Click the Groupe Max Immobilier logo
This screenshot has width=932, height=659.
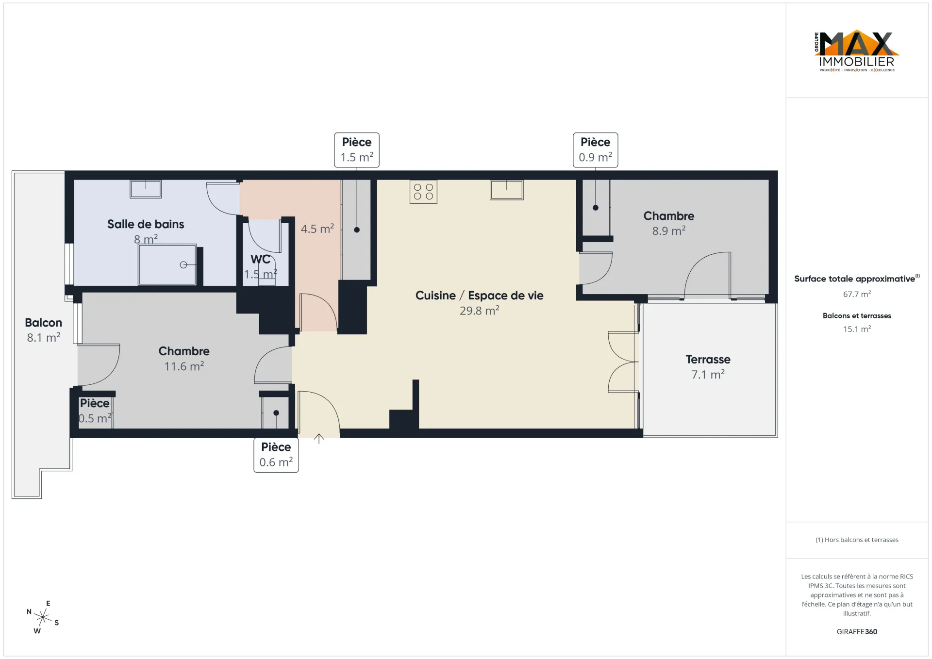[x=857, y=51]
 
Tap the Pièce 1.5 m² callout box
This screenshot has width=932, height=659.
[x=357, y=150]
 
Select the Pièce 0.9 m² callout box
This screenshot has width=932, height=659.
[x=595, y=150]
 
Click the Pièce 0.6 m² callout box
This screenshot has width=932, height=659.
[x=276, y=455]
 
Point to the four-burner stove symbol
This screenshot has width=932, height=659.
[x=423, y=192]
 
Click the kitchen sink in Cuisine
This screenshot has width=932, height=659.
[x=507, y=190]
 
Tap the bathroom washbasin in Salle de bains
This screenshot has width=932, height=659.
[x=146, y=189]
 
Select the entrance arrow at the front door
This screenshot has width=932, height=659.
[x=319, y=439]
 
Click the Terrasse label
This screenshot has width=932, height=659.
[x=708, y=360]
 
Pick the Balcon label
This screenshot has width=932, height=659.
[x=44, y=323]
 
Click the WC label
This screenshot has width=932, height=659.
[x=260, y=259]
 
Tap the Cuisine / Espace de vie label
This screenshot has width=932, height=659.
[x=479, y=296]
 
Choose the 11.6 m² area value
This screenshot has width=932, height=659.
[x=184, y=366]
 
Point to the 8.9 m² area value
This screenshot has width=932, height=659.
[x=669, y=231]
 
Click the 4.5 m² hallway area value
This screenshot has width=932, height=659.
[x=317, y=229]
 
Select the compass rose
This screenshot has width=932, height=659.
[x=43, y=617]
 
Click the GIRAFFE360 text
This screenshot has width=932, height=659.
[x=857, y=632]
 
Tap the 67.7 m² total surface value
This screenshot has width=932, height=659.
[x=857, y=294]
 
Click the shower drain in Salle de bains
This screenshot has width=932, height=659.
[x=183, y=264]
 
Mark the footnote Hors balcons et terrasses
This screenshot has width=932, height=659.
[x=857, y=540]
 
